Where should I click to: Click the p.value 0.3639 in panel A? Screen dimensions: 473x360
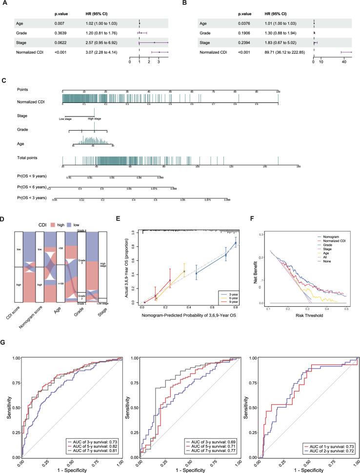[61, 33]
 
